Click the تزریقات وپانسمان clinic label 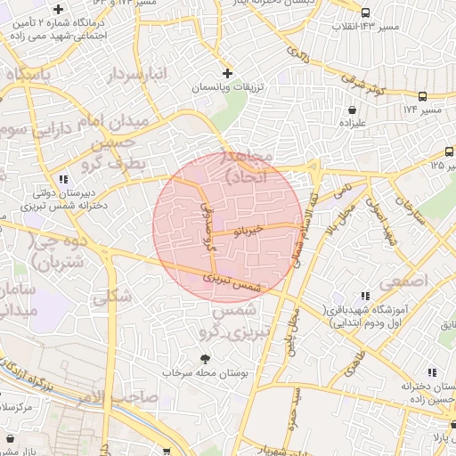226,89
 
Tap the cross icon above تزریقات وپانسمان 227,73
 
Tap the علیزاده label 341,126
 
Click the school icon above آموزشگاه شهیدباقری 362,296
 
